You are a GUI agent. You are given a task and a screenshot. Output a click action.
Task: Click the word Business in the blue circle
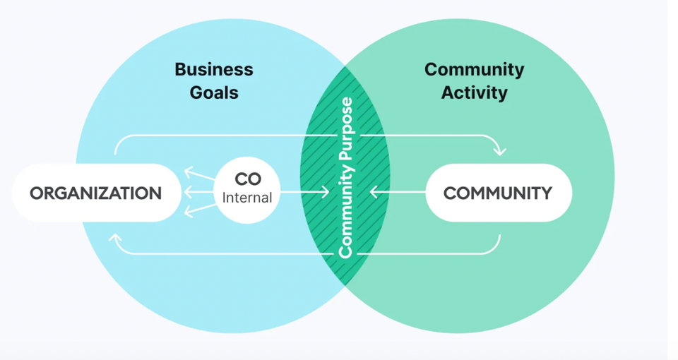coord(213,70)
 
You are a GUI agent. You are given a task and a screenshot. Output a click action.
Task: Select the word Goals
coord(213,92)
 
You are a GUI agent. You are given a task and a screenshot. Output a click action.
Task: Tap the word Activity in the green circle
coord(474,92)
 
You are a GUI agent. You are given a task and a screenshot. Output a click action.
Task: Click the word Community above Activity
coord(474,70)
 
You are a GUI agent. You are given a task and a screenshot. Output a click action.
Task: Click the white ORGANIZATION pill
coord(95,193)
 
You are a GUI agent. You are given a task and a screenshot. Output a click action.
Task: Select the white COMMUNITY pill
coord(498,193)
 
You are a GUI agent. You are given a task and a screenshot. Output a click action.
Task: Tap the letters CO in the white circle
coord(248,179)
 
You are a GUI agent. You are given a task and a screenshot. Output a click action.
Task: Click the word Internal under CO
coord(247,198)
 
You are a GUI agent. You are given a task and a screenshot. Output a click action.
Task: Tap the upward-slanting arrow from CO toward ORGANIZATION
coord(199,174)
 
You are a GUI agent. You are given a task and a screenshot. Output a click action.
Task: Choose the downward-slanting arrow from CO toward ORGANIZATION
coord(199,210)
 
